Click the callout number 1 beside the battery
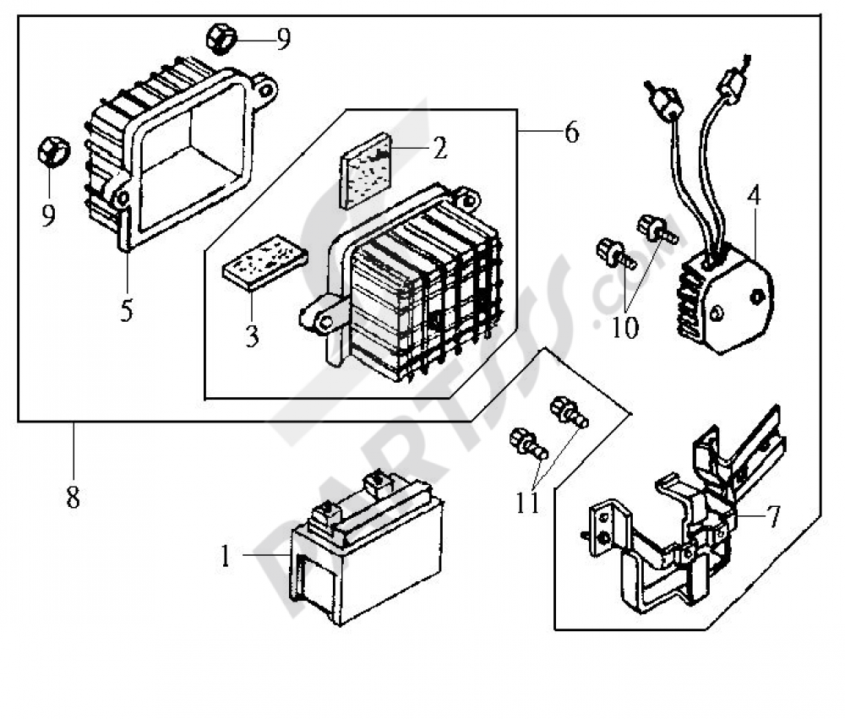226,556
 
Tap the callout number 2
439,148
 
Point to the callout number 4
755,195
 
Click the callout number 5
126,310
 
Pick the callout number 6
572,132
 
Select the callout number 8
74,497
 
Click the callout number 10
625,327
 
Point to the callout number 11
527,503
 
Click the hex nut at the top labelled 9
221,38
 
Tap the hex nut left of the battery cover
54,153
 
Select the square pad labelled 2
365,171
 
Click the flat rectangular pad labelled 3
265,263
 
